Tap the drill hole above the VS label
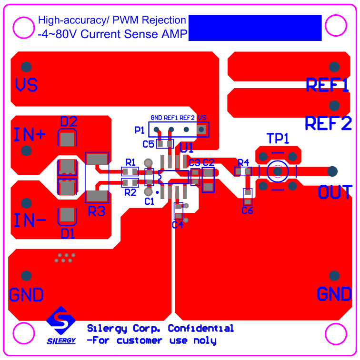[x=27, y=66]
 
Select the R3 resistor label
[x=97, y=211]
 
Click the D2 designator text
[x=69, y=121]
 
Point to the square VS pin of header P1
[x=201, y=129]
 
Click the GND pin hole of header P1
[x=156, y=129]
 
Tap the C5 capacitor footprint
[x=165, y=143]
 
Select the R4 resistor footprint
[x=242, y=171]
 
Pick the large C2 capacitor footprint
[x=208, y=180]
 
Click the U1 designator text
[x=187, y=148]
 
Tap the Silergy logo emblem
[x=61, y=320]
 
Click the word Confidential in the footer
[x=200, y=329]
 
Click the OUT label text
[x=335, y=192]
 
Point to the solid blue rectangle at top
[x=255, y=28]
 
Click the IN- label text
[x=30, y=220]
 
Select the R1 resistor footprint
[x=130, y=171]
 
